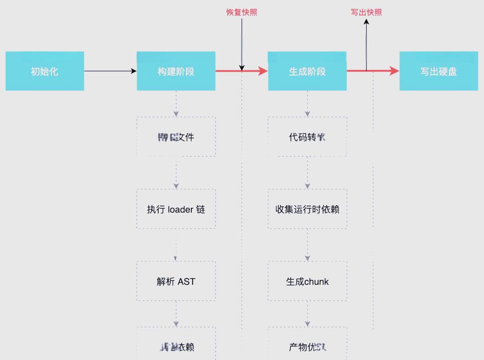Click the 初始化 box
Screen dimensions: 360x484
(x=45, y=71)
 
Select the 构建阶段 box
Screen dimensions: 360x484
(x=176, y=71)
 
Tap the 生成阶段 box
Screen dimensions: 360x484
(x=307, y=71)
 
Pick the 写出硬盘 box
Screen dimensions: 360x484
(x=439, y=71)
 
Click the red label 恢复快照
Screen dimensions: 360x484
(x=242, y=12)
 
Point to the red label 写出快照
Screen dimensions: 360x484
(x=366, y=12)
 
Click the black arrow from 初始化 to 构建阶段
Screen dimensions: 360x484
(x=110, y=71)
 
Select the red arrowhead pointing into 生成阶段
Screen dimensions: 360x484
(x=263, y=71)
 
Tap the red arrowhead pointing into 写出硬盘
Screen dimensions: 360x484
(x=394, y=71)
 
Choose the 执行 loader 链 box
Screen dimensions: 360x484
(x=176, y=209)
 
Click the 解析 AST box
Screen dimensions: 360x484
(x=176, y=282)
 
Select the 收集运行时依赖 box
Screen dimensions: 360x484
(x=307, y=209)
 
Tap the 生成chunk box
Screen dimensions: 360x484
(x=307, y=282)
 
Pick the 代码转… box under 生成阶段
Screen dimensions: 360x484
(x=307, y=137)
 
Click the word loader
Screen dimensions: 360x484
(x=181, y=210)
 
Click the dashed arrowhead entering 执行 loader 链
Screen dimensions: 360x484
(x=176, y=186)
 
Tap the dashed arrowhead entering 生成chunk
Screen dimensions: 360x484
(x=308, y=258)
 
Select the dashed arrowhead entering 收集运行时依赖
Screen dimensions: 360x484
(x=308, y=186)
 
